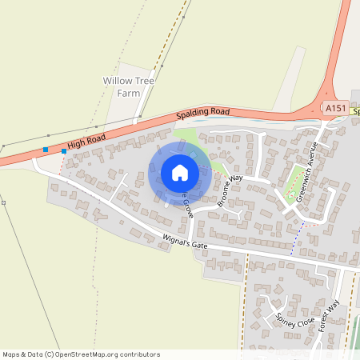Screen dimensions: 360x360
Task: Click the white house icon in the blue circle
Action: pyautogui.click(x=180, y=173)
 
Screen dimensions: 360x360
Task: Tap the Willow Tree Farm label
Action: pyautogui.click(x=129, y=87)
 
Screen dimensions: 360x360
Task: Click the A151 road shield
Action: pyautogui.click(x=335, y=106)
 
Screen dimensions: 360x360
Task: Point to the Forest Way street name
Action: pyautogui.click(x=328, y=315)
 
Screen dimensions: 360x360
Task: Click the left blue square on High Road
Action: pyautogui.click(x=46, y=150)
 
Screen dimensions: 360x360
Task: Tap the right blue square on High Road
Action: pyautogui.click(x=64, y=150)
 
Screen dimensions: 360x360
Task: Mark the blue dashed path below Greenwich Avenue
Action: pyautogui.click(x=297, y=238)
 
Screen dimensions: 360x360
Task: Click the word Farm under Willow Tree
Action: pyautogui.click(x=129, y=93)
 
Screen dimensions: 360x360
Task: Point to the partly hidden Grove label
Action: pyautogui.click(x=187, y=206)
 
